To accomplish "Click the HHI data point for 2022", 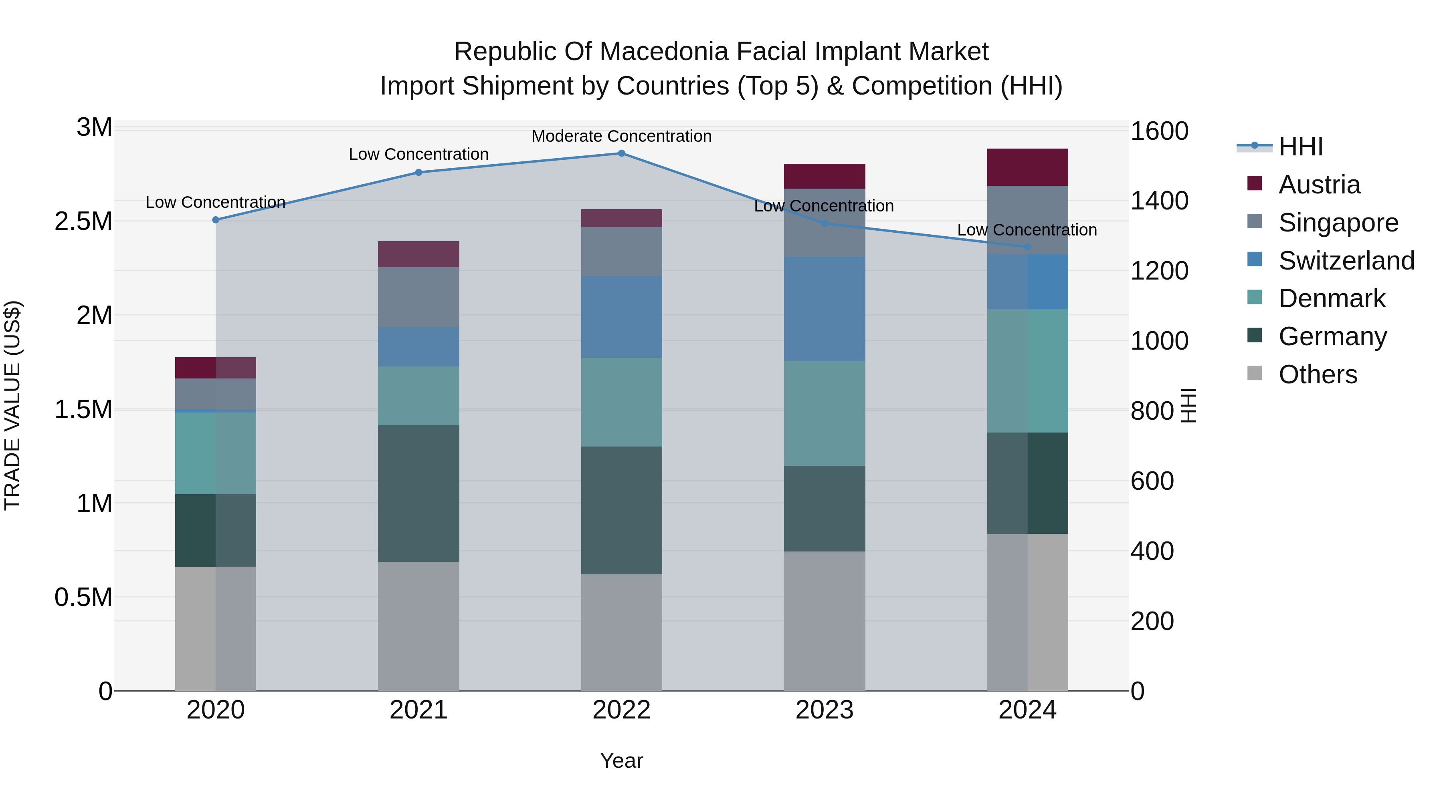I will [x=621, y=153].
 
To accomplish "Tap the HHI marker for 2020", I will [x=216, y=220].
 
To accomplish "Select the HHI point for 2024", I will [x=1027, y=247].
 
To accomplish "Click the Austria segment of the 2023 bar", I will [x=824, y=176].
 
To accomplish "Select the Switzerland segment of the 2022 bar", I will [x=621, y=317].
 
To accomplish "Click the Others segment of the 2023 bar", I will [x=824, y=621].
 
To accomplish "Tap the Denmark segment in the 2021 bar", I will [x=418, y=396].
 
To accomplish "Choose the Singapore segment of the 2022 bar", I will [x=621, y=251].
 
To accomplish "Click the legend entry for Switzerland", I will [x=1346, y=261].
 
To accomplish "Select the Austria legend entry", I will [x=1319, y=185].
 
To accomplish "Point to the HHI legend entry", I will [x=1301, y=147].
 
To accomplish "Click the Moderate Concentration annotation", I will [x=621, y=137].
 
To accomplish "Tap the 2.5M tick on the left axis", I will [x=83, y=221].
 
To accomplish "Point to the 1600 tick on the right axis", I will [x=1159, y=131].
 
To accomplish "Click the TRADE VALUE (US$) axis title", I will [x=13, y=405].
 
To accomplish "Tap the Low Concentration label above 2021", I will [x=418, y=155].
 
